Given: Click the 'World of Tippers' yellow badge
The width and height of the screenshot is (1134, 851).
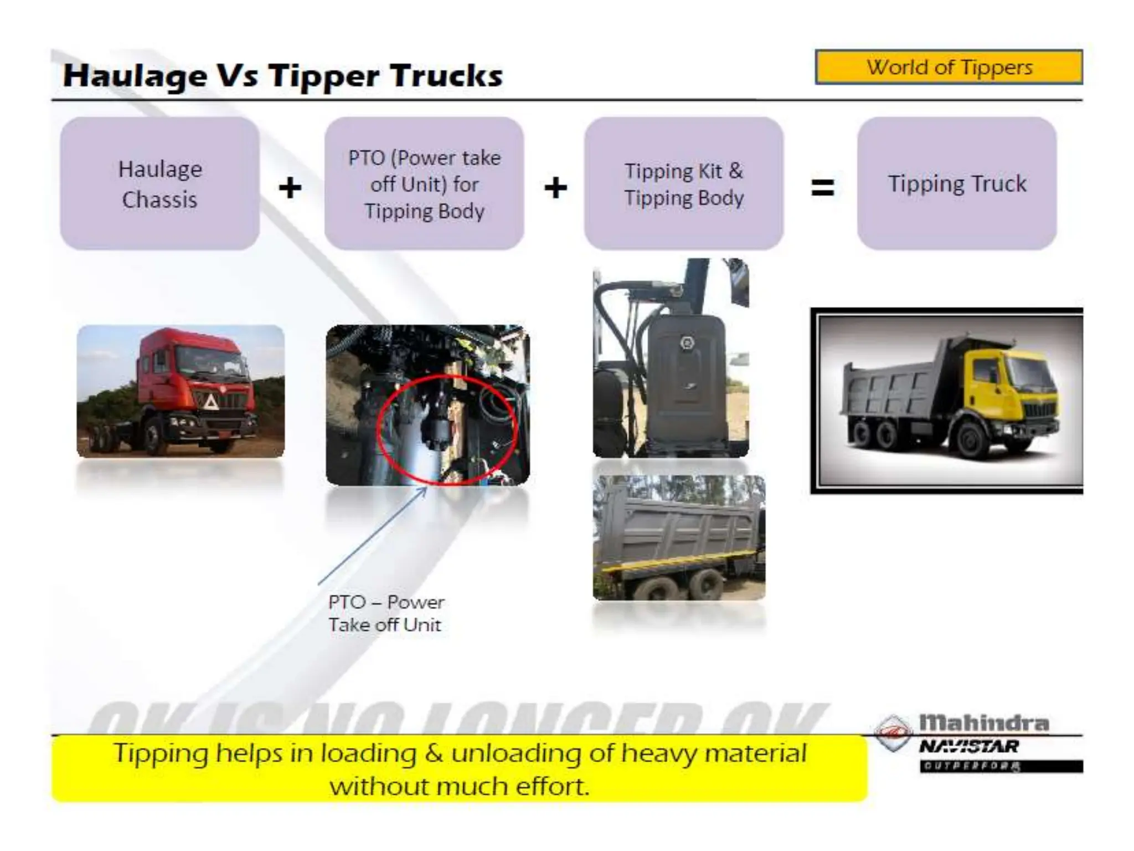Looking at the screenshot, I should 949,67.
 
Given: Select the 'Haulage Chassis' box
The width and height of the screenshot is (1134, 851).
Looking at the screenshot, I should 159,183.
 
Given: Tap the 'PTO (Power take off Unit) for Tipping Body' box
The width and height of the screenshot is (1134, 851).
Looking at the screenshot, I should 424,183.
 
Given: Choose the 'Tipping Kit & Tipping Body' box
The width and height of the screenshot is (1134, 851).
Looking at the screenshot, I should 684,183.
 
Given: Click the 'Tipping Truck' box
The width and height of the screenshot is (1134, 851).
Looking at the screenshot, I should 957,183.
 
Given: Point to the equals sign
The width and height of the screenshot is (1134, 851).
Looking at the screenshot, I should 822,187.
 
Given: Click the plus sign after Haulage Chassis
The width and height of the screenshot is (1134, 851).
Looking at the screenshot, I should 290,187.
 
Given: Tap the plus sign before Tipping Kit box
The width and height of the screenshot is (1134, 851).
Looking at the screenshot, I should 555,187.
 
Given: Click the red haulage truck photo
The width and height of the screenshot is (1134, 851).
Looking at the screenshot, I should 181,391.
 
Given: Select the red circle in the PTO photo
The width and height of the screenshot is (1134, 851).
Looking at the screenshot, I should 446,429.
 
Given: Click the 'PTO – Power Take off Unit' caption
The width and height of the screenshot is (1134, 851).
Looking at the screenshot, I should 386,613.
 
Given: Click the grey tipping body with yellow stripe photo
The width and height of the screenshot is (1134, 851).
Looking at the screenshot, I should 679,537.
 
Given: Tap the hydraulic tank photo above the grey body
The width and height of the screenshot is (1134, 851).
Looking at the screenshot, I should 671,358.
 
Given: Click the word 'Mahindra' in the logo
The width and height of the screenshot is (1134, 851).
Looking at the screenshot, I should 984,722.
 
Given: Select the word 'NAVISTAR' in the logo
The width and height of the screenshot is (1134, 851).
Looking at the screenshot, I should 969,746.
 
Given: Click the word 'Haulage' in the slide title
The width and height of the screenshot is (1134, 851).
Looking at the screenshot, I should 135,76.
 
